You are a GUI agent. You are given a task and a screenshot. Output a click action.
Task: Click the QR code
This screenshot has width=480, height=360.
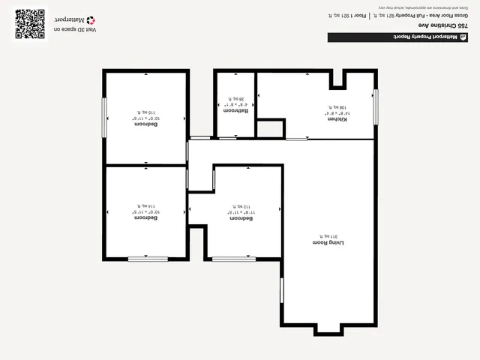click(30, 24)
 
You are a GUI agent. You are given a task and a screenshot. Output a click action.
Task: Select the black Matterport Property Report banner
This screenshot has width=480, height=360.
click(398, 37)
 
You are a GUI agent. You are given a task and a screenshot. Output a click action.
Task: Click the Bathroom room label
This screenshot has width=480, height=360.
click(237, 110)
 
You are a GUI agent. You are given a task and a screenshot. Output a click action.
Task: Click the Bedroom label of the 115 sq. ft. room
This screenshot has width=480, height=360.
click(145, 124)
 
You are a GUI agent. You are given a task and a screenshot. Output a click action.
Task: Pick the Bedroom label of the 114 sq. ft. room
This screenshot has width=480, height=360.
click(145, 217)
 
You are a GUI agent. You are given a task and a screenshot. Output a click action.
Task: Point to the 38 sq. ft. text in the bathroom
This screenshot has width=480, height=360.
click(237, 98)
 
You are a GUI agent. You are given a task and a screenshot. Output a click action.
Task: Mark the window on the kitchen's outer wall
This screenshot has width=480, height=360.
click(376, 106)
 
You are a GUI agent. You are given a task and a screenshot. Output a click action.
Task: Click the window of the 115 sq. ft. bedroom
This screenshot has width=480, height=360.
click(104, 118)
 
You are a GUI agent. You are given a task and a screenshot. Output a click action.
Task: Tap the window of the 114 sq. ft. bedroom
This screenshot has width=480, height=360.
click(147, 259)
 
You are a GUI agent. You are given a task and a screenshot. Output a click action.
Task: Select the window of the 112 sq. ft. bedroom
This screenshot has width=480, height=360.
click(234, 259)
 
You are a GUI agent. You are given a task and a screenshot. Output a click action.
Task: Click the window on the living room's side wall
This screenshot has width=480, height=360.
click(281, 290)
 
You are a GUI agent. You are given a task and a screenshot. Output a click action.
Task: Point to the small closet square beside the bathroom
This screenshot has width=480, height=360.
click(270, 128)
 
